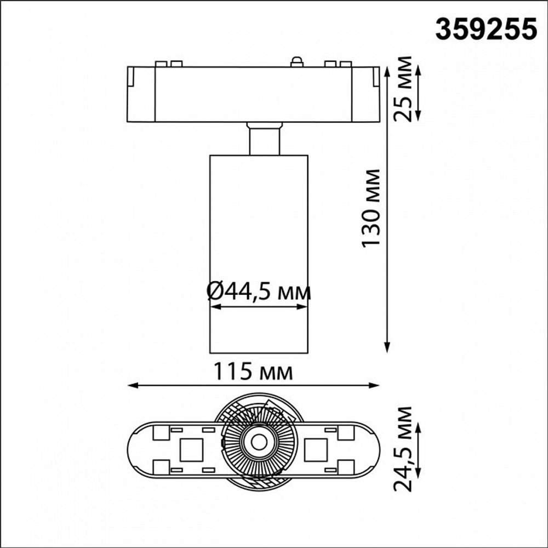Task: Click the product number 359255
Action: [486, 29]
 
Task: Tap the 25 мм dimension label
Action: [404, 88]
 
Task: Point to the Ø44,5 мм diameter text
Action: [259, 292]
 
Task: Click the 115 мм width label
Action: [253, 372]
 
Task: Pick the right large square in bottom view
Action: [315, 449]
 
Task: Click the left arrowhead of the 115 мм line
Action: [132, 385]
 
